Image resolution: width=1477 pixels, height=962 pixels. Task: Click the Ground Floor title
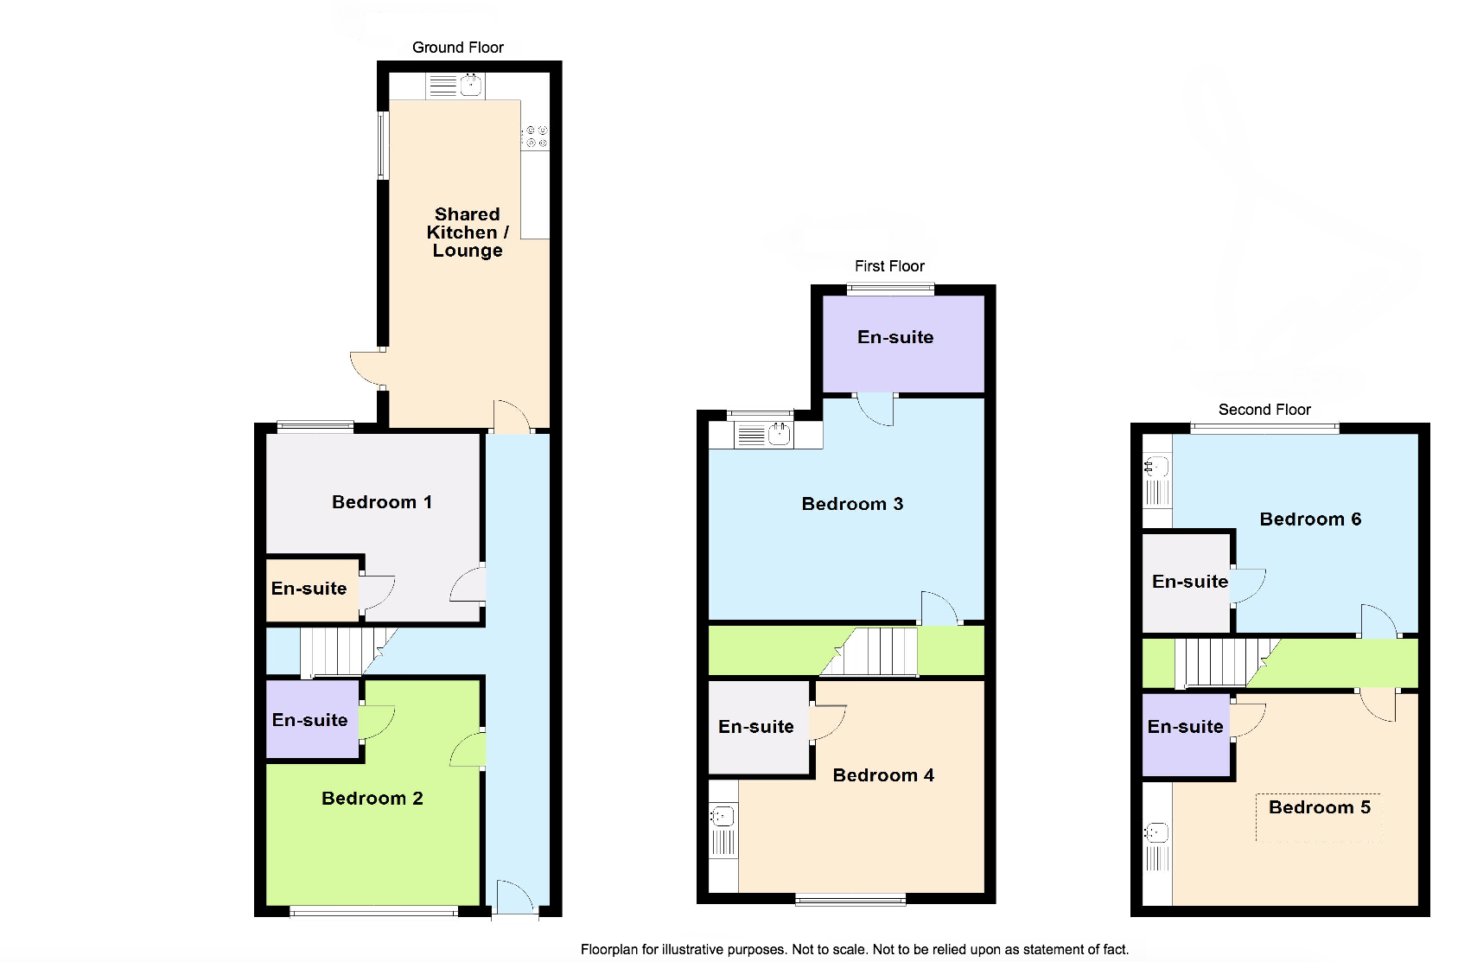[x=457, y=48]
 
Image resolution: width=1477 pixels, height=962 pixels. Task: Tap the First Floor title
[x=889, y=266]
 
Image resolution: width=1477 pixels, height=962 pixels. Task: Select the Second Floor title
[x=1264, y=410]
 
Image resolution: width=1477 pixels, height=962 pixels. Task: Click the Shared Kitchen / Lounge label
[x=468, y=233]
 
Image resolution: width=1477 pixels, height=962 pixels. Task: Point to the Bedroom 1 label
[x=382, y=502]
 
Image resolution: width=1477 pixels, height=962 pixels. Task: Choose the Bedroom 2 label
[x=372, y=798]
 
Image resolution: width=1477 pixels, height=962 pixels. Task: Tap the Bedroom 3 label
[x=852, y=504]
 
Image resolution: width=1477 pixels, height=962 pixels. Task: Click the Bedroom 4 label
[x=883, y=774]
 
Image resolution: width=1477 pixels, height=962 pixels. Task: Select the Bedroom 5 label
[x=1320, y=807]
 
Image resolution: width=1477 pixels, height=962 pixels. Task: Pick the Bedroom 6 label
[x=1310, y=519]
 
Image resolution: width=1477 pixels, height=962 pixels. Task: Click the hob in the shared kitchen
[x=536, y=137]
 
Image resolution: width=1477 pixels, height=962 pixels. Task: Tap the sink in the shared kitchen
[x=455, y=86]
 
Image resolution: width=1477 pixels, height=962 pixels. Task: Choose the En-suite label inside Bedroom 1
[x=309, y=588]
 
